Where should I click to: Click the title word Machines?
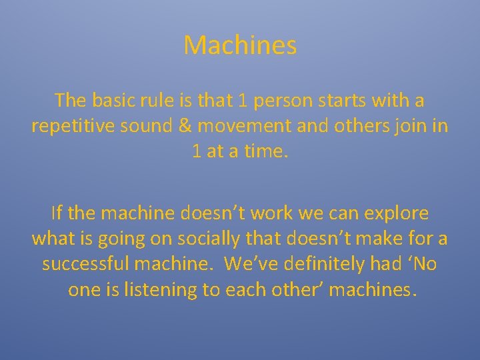click(x=240, y=46)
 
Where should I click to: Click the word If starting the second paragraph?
click(x=56, y=214)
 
